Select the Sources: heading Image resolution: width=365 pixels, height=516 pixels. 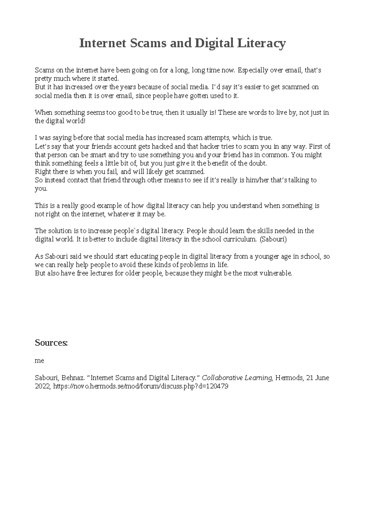pyautogui.click(x=51, y=343)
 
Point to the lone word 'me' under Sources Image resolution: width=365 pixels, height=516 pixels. pyautogui.click(x=40, y=361)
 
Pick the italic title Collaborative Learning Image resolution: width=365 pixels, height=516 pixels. pyautogui.click(x=237, y=378)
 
